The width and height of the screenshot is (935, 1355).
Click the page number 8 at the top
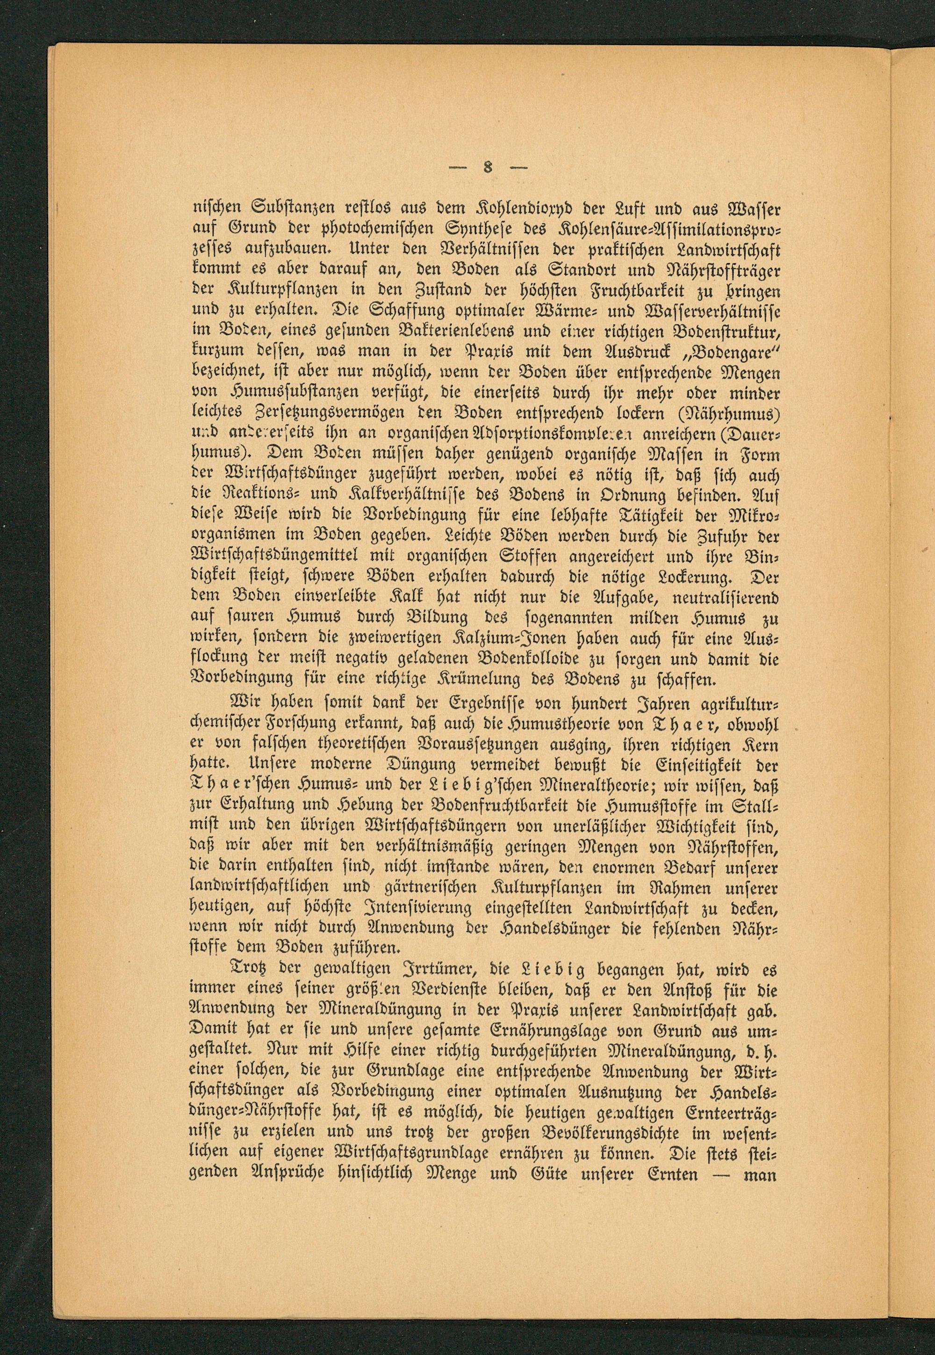click(x=486, y=169)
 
